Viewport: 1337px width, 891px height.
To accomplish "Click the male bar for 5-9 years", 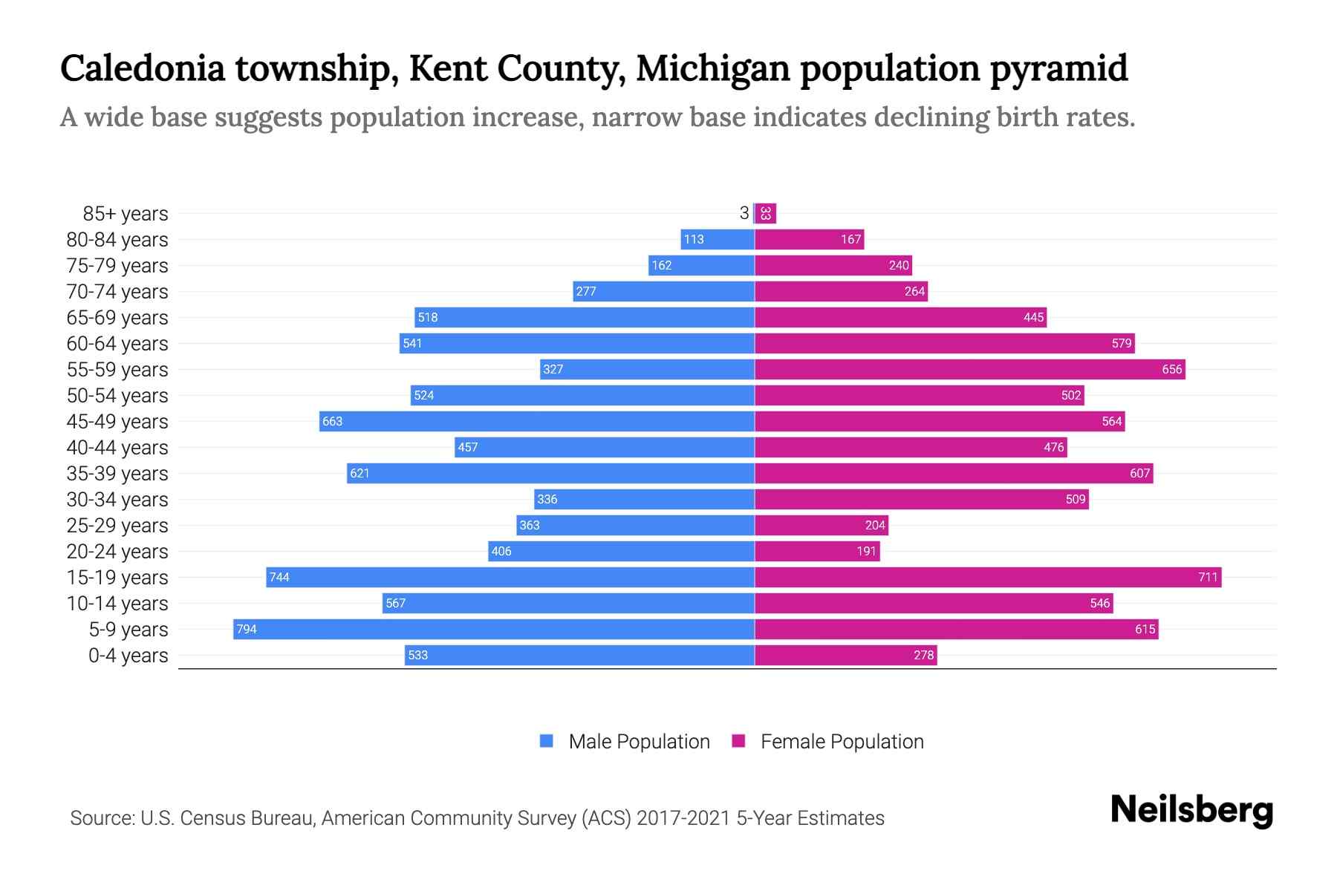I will (x=494, y=629).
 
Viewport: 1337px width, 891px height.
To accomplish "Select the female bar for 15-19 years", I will (x=988, y=577).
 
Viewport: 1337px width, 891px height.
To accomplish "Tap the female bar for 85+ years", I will (x=766, y=214).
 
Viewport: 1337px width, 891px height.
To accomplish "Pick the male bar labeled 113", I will (x=718, y=239).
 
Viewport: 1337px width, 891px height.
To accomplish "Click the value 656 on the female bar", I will (x=1171, y=369).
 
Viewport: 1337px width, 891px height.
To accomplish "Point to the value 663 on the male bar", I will (x=332, y=421).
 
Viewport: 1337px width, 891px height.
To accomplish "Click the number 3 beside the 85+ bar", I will (x=744, y=214).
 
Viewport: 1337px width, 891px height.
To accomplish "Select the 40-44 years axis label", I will (x=117, y=448).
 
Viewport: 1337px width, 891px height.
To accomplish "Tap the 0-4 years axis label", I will (x=128, y=656).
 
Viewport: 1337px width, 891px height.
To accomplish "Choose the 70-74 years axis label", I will (x=117, y=292).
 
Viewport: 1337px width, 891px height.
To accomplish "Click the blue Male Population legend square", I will (x=547, y=741).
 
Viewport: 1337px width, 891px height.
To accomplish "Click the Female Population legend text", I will (x=842, y=742).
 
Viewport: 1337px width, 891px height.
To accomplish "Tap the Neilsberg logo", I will (x=1191, y=810).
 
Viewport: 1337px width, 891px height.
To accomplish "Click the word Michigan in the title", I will (x=713, y=68).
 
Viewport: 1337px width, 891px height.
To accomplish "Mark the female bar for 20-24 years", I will (x=817, y=551).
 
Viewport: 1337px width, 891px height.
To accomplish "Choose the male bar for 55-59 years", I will (x=647, y=369).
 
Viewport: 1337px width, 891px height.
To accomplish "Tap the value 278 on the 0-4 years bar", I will (x=923, y=655).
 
